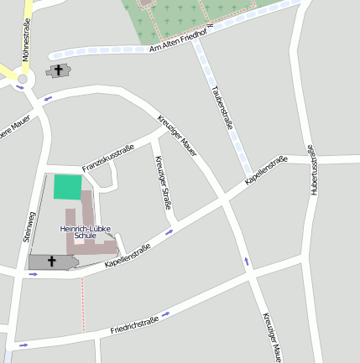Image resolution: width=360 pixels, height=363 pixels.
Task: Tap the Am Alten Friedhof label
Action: [x=180, y=39]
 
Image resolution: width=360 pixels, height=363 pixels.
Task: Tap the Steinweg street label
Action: [x=28, y=226]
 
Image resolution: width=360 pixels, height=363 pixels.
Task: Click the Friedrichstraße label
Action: [x=135, y=325]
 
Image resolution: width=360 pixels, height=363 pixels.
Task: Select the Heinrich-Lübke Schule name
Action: [x=86, y=232]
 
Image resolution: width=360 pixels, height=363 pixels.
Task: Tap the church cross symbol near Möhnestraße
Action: [x=58, y=70]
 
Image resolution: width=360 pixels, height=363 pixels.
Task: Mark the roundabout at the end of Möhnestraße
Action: [x=21, y=81]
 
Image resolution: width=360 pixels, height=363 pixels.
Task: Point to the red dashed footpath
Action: [x=82, y=303]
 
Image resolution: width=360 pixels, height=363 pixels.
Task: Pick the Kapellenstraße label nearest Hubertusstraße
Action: [x=267, y=169]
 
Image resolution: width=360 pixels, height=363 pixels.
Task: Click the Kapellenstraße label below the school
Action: [x=128, y=256]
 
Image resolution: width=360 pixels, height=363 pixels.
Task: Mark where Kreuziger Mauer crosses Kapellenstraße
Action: [x=224, y=200]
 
